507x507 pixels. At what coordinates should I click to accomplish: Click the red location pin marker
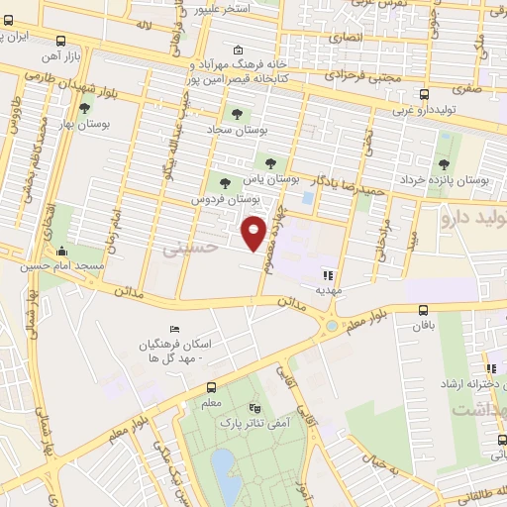(254, 233)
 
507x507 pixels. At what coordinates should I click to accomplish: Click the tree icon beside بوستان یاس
(269, 162)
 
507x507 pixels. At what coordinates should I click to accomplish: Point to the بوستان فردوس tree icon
(225, 182)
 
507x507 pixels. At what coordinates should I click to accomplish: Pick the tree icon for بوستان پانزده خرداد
(442, 164)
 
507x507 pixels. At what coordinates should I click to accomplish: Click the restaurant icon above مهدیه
(328, 275)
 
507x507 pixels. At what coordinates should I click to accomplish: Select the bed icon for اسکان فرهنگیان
(175, 329)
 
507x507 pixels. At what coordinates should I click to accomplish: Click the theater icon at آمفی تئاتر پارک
(255, 407)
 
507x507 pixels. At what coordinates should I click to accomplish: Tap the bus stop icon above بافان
(424, 310)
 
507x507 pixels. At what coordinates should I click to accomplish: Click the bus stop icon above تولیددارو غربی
(424, 95)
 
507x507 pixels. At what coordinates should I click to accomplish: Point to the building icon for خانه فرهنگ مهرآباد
(237, 51)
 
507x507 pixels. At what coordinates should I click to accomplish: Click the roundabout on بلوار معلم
(330, 325)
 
